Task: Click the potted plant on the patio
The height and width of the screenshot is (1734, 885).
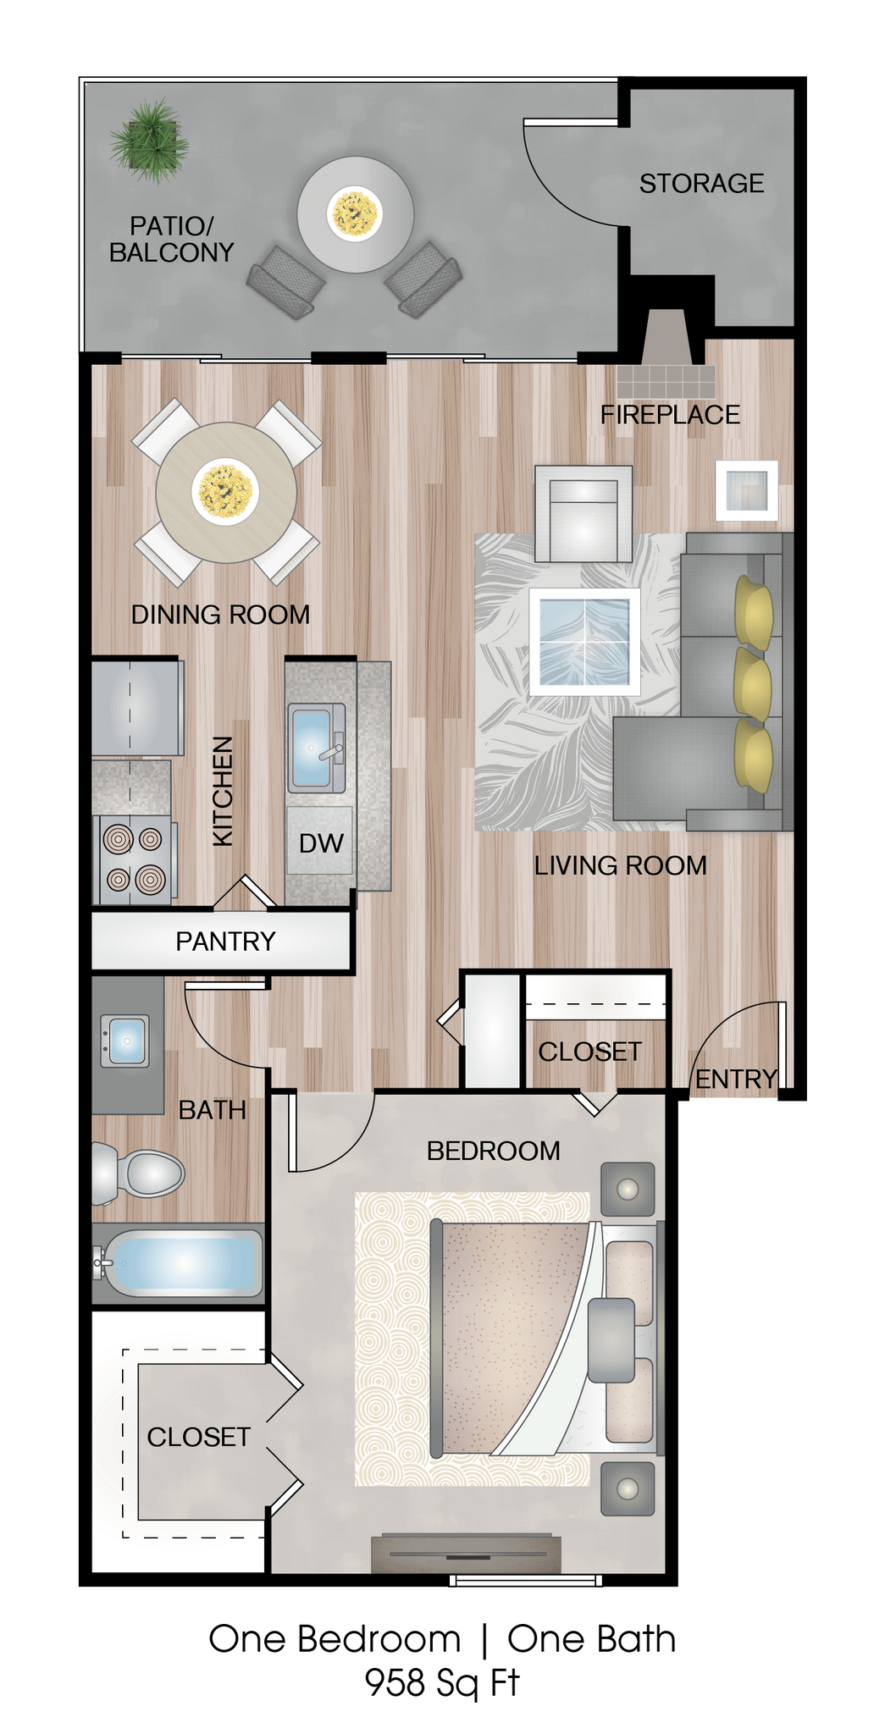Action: click(x=150, y=140)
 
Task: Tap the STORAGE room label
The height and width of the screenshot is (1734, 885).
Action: click(x=701, y=184)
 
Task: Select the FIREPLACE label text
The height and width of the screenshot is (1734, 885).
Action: click(x=670, y=415)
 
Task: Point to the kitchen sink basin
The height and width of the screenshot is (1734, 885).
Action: click(x=311, y=745)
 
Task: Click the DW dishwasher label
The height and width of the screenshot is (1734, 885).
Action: click(x=321, y=843)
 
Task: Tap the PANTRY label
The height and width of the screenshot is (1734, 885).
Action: click(x=225, y=942)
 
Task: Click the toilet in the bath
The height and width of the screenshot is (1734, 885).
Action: click(x=140, y=1173)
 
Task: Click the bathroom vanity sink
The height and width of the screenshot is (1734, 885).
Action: click(x=125, y=1041)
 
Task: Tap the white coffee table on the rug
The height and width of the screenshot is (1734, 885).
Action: click(x=584, y=641)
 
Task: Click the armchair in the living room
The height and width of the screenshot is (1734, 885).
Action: click(x=584, y=514)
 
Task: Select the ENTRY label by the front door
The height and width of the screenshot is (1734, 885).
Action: click(x=736, y=1080)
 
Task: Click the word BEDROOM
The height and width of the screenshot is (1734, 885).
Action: click(x=493, y=1151)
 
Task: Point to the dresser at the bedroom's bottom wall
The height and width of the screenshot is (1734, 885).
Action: click(x=467, y=1554)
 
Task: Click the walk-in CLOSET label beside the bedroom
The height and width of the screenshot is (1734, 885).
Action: click(x=199, y=1437)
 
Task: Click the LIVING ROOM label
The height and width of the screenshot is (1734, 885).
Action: click(x=620, y=866)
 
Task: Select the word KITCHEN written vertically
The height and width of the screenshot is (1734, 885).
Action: click(x=222, y=791)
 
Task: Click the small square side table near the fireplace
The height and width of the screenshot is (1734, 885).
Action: click(x=746, y=490)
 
